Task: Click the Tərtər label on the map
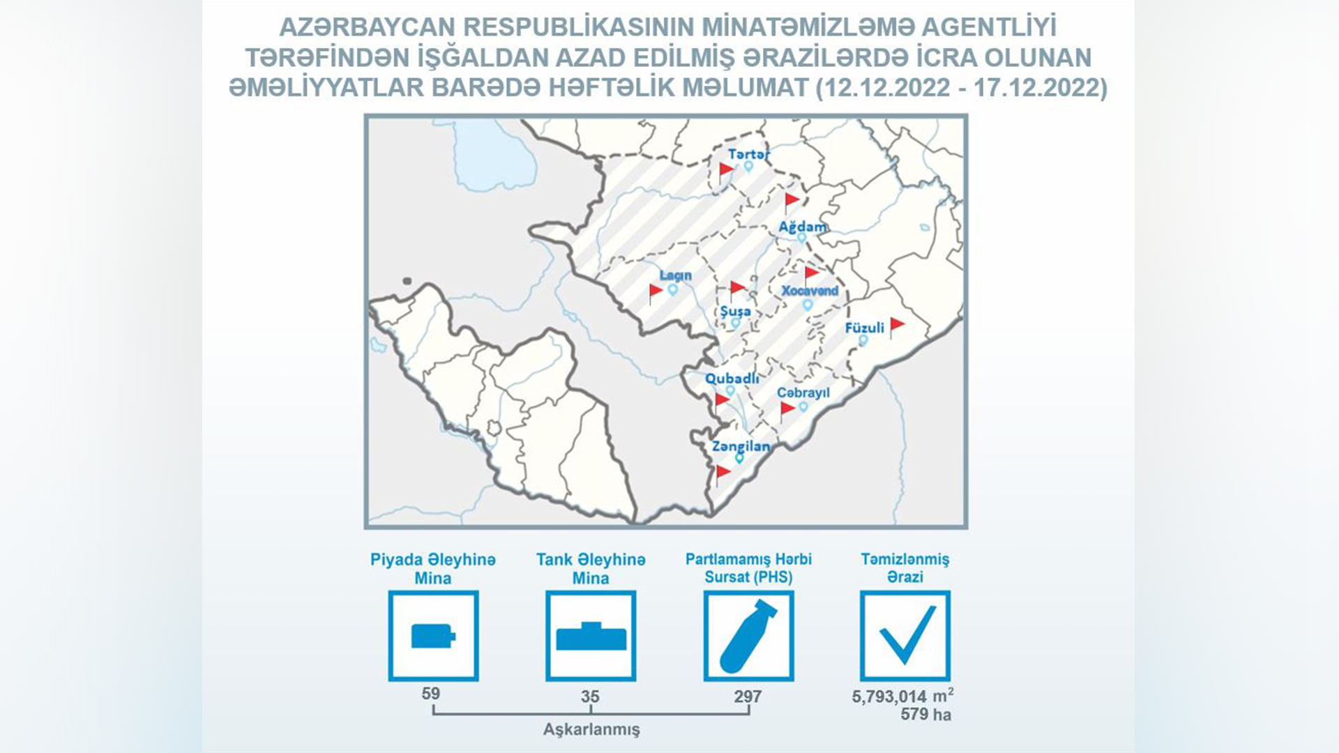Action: (748, 154)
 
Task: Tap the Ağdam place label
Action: (803, 227)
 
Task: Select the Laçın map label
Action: (675, 275)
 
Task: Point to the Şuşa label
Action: (735, 311)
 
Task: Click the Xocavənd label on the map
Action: (810, 291)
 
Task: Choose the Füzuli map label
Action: (864, 327)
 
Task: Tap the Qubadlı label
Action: (732, 379)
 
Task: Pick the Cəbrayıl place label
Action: (803, 393)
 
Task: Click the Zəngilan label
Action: (741, 446)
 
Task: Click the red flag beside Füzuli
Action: (897, 326)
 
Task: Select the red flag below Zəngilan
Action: (723, 473)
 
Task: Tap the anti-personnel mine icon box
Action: (433, 636)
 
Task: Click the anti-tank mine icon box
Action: (591, 636)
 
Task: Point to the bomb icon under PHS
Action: (748, 636)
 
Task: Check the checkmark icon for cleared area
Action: (905, 636)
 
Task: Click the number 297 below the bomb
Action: (748, 696)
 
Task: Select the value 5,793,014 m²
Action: (902, 695)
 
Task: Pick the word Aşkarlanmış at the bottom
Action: (591, 729)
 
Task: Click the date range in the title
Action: (962, 88)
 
